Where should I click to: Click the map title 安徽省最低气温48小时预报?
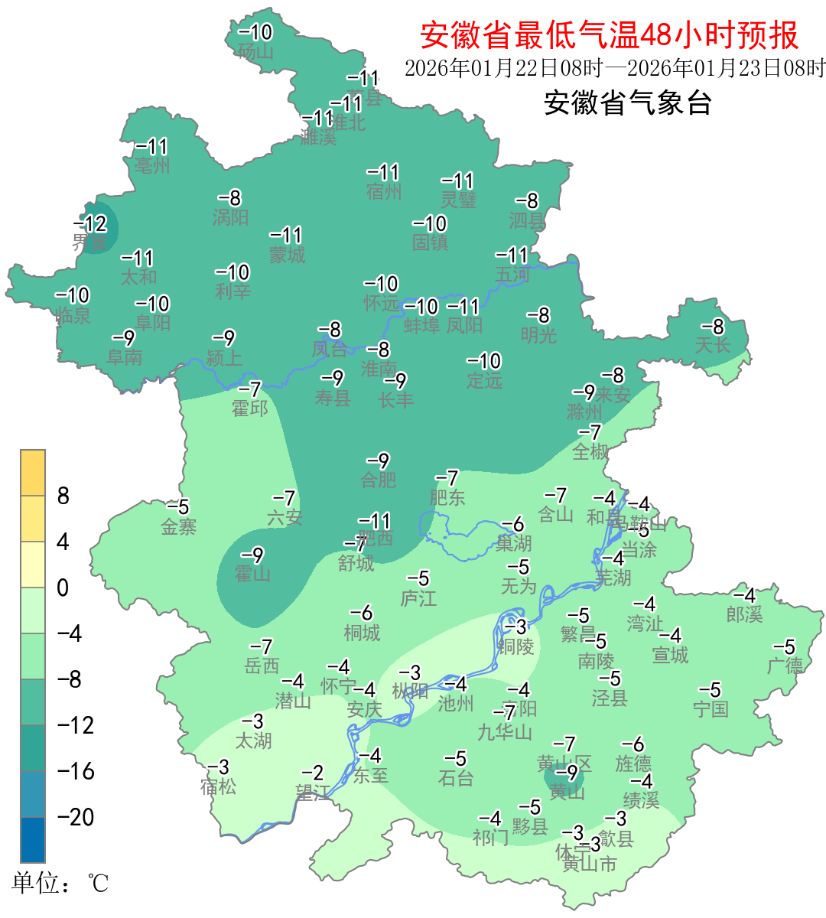tap(609, 35)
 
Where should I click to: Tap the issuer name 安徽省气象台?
tap(628, 103)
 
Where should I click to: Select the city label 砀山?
tap(255, 52)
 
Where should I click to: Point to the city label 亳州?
tap(152, 165)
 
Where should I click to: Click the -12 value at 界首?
tap(90, 224)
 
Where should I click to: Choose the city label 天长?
tap(713, 345)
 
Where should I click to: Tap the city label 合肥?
tap(379, 480)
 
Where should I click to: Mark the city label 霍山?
tap(252, 574)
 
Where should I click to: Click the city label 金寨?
tap(179, 526)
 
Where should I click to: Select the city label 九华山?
tap(505, 732)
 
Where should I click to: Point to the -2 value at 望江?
tap(313, 773)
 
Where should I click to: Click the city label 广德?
tap(785, 666)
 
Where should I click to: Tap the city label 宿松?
tap(219, 786)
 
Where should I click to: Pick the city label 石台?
tap(456, 778)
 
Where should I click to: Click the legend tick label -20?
tap(76, 817)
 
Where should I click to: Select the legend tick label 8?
tap(63, 496)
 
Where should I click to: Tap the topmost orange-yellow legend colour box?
tap(33, 473)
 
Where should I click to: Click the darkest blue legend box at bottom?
tap(33, 839)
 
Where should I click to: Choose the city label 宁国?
tap(711, 709)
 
